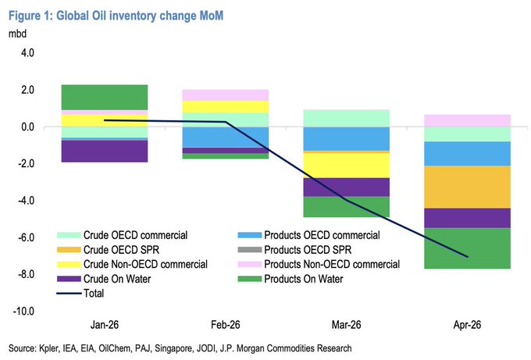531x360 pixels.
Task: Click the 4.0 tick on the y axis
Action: tap(27, 53)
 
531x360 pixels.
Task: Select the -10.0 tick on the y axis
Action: tap(24, 311)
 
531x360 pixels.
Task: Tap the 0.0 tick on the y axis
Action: tap(27, 127)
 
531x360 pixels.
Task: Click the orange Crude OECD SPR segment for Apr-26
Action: tap(466, 187)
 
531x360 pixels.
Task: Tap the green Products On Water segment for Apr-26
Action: tap(466, 248)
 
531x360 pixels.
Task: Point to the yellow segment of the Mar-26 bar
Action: tap(345, 165)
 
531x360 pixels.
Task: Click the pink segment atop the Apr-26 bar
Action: tap(466, 120)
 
